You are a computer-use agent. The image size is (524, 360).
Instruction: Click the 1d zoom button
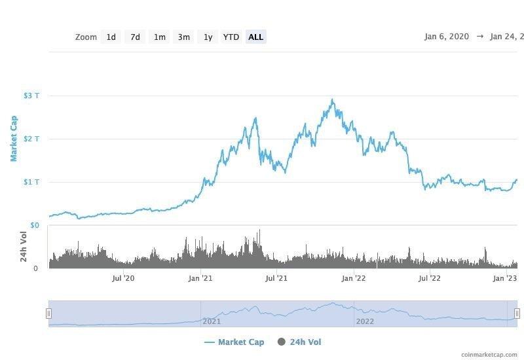[x=111, y=37]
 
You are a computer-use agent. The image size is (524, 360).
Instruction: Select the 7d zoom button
[x=135, y=37]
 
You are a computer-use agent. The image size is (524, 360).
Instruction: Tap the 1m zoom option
[x=159, y=37]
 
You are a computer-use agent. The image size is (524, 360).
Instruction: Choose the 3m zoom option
[x=184, y=37]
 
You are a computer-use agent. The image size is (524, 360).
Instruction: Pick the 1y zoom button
[x=208, y=37]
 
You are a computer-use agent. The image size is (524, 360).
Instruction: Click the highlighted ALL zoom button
[x=255, y=37]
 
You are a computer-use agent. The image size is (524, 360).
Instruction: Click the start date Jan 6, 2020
[x=447, y=37]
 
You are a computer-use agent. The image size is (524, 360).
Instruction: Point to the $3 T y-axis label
[x=31, y=96]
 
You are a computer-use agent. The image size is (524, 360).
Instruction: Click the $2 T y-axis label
[x=31, y=139]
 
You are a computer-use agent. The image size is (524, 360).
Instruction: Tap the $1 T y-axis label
[x=31, y=182]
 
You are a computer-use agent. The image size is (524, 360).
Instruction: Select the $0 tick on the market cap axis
[x=34, y=225]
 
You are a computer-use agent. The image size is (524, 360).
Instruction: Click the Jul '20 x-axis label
[x=123, y=278]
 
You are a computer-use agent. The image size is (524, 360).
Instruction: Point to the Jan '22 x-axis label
[x=354, y=278]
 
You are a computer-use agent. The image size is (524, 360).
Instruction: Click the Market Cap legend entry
[x=234, y=342]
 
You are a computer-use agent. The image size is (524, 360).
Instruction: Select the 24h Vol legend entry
[x=299, y=342]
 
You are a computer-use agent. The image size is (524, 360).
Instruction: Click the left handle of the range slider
[x=48, y=314]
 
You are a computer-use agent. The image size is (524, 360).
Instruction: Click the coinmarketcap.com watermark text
[x=489, y=355]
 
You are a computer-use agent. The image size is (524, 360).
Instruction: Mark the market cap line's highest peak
[x=333, y=99]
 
